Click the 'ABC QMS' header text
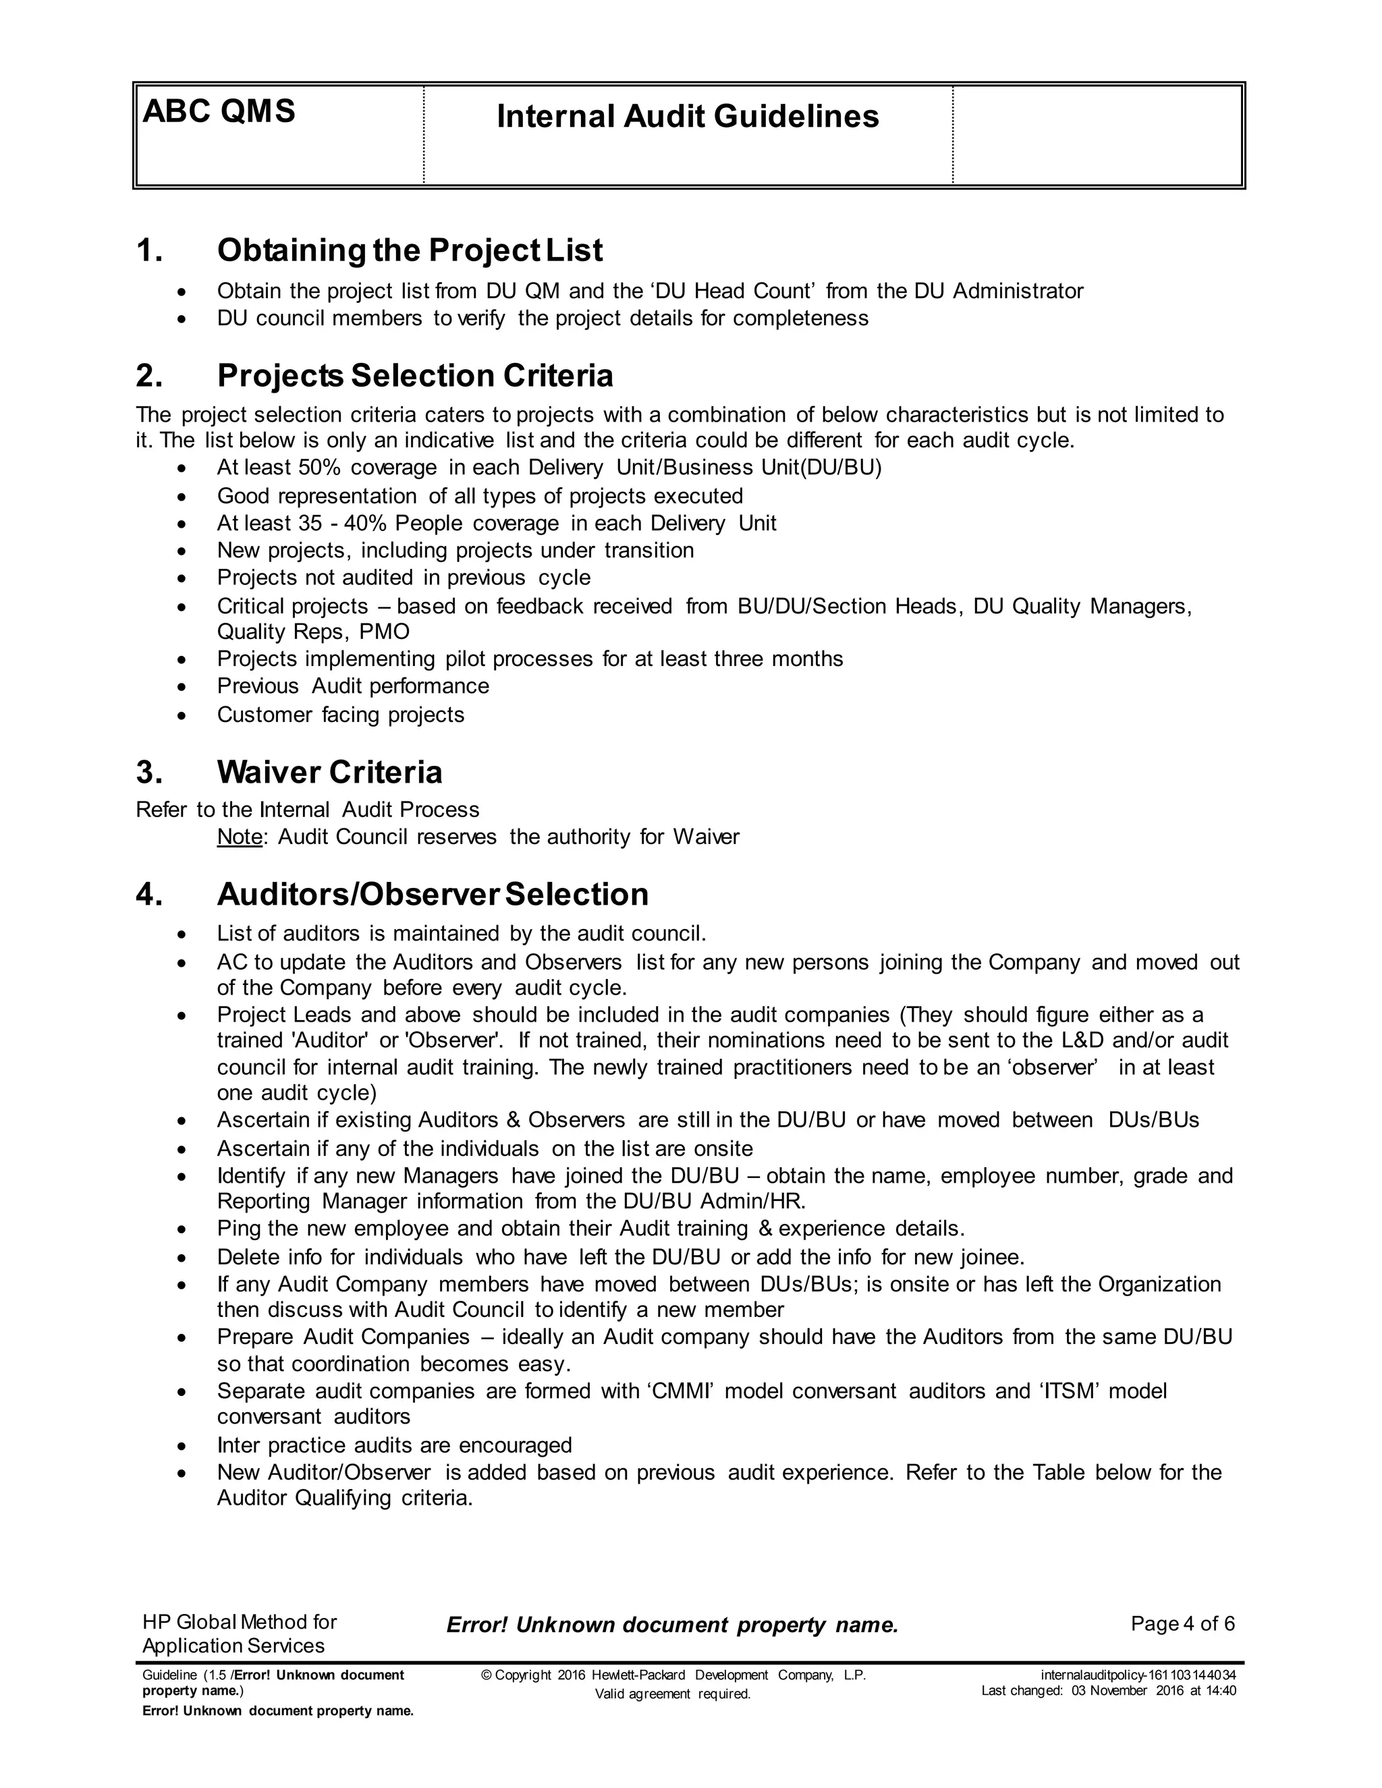[x=219, y=111]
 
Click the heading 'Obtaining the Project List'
[x=410, y=250]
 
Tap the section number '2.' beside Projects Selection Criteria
[x=149, y=376]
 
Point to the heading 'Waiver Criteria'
[x=329, y=772]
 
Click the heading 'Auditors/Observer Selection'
[x=433, y=894]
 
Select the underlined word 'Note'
[x=239, y=837]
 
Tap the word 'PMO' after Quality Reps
[x=384, y=632]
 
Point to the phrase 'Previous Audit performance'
[x=353, y=686]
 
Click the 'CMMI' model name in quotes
[x=684, y=1391]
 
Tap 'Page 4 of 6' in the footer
[x=1182, y=1624]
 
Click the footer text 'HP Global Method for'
[x=239, y=1623]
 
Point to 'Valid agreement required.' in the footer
[x=672, y=1694]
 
